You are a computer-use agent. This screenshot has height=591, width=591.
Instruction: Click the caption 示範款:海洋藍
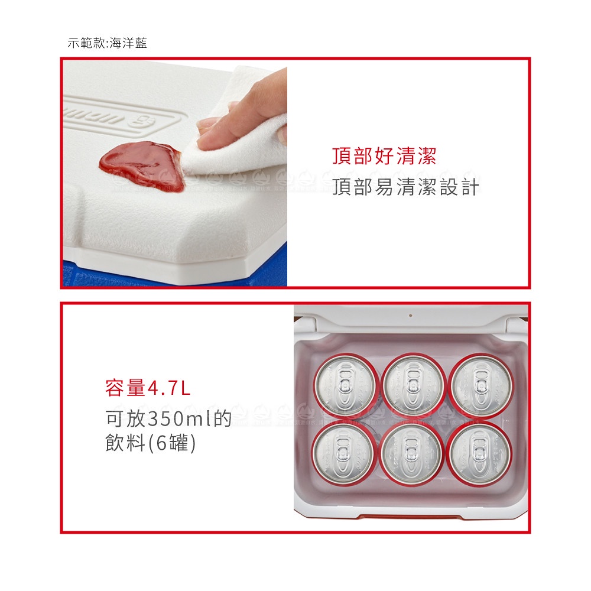(107, 43)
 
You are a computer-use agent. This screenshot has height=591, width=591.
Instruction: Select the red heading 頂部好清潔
(384, 156)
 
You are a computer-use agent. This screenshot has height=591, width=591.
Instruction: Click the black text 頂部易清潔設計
(405, 187)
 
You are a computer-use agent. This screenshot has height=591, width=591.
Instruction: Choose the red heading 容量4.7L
(148, 388)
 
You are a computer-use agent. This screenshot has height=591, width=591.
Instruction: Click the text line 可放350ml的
(168, 418)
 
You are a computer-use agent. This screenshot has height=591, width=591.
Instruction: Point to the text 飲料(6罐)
(150, 443)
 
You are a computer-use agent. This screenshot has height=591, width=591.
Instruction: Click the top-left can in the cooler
(346, 385)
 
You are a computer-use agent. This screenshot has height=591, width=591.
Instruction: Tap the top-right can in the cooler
(481, 385)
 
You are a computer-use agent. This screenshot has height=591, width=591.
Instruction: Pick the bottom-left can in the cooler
(343, 453)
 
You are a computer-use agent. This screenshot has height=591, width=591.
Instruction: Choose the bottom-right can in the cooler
(479, 453)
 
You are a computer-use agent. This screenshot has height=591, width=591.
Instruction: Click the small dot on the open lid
(411, 316)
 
